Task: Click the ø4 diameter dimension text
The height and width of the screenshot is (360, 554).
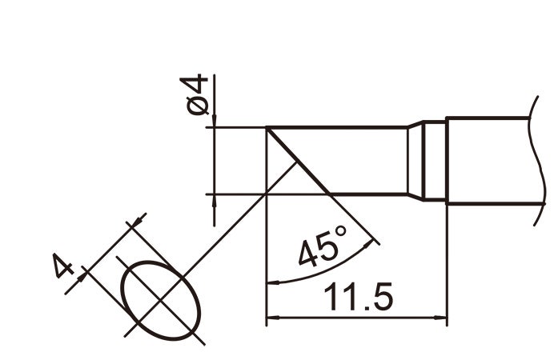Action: [x=197, y=94]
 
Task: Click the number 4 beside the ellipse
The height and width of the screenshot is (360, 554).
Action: [x=63, y=266]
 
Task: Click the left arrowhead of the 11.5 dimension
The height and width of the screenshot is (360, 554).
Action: [x=271, y=318]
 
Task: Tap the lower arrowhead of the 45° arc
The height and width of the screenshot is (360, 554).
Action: [x=271, y=282]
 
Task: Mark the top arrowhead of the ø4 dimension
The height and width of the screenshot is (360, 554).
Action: [x=215, y=122]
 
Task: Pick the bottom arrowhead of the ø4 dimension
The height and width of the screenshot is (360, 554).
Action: [x=215, y=199]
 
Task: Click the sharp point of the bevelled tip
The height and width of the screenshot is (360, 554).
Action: [x=266, y=127]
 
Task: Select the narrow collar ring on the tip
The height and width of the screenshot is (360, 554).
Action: [x=433, y=162]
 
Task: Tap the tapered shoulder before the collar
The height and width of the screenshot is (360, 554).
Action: [x=415, y=162]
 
